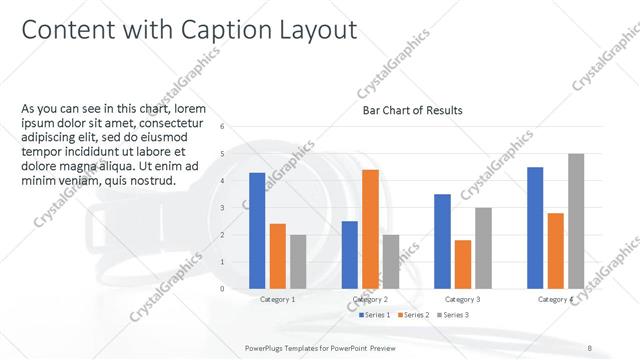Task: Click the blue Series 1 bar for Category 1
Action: (257, 231)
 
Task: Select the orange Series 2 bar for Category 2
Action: (370, 229)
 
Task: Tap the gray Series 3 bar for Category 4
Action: (576, 221)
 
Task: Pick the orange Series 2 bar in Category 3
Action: (463, 264)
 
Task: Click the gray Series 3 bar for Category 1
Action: (298, 262)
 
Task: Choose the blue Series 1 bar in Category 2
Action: (350, 255)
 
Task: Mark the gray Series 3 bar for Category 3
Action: (483, 248)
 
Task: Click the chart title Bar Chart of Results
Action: (412, 110)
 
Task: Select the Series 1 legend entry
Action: (376, 315)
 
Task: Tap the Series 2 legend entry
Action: (416, 315)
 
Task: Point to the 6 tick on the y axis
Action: (222, 126)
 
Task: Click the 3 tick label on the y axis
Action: (222, 208)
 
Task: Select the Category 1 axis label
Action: (278, 299)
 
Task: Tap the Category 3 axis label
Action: (463, 299)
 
